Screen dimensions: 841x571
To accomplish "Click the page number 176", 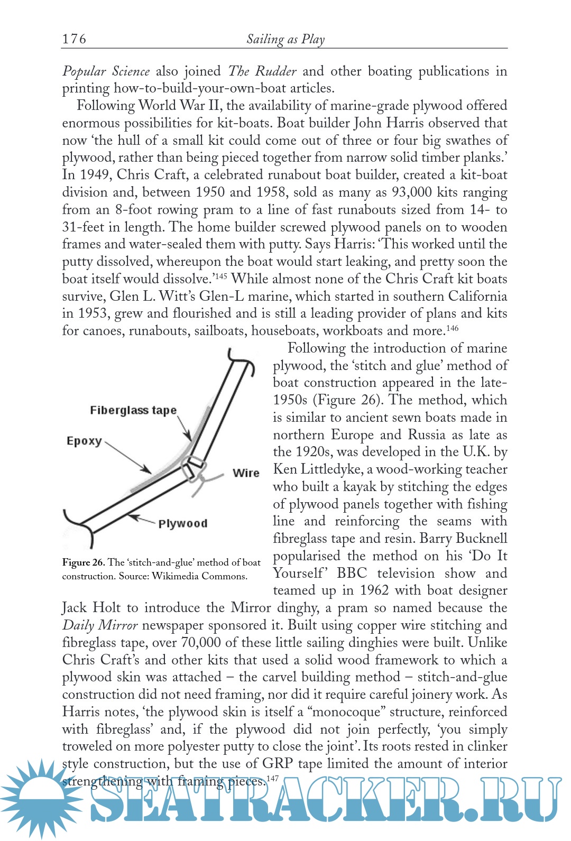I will [x=74, y=39].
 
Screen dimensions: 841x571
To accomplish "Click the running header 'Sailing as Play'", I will [x=285, y=39].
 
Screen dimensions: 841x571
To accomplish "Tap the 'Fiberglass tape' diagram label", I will [x=133, y=411].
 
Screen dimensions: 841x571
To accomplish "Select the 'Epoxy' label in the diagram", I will [x=84, y=441].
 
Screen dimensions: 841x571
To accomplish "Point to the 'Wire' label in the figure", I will [x=246, y=473].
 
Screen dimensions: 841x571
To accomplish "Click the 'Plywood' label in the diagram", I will [x=183, y=523].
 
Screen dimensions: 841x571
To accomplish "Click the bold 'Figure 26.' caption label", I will [x=84, y=562].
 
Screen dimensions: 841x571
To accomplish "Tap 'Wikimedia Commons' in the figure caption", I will [x=199, y=576].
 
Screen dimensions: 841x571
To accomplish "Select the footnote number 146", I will [x=452, y=328].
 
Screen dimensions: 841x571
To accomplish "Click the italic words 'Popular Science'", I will [x=106, y=71].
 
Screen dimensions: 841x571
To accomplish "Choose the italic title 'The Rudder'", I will [x=262, y=71].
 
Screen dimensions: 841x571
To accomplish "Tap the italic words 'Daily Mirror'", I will [x=100, y=625].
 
